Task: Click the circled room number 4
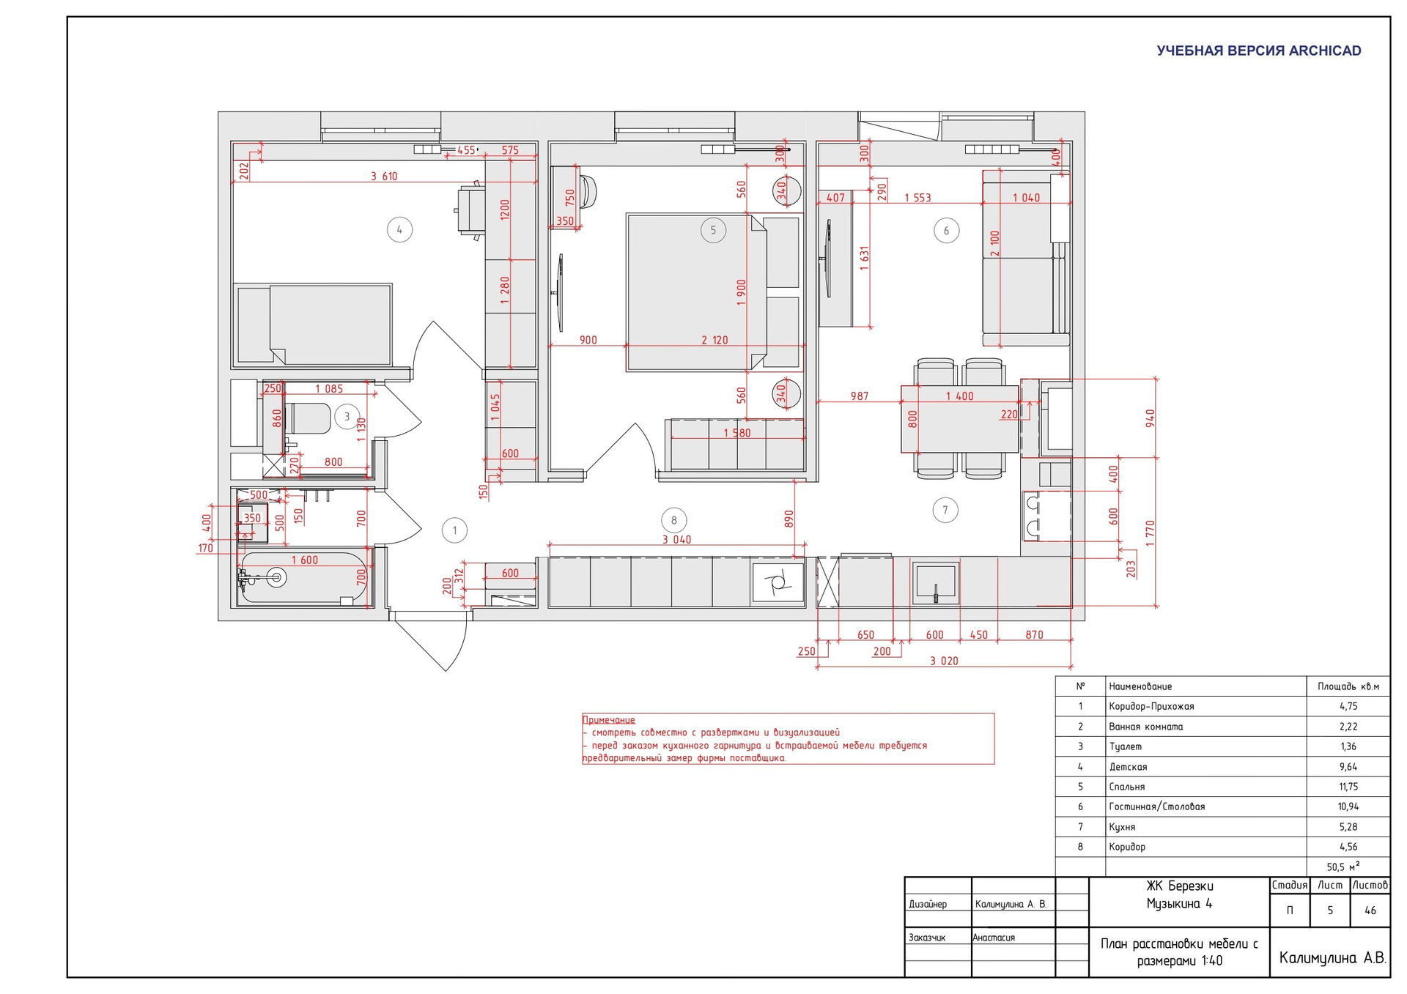coord(399,230)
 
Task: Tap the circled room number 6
coord(946,231)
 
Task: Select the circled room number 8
coord(674,521)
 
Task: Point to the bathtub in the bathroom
coord(303,578)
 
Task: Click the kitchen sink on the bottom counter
coord(935,583)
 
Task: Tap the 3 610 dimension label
coord(384,176)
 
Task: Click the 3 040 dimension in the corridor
coord(676,539)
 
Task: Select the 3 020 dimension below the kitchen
coord(944,661)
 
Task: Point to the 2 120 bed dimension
coord(714,340)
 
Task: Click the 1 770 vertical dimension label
coord(1150,533)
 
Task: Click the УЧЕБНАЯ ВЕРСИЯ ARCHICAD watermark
coord(1259,51)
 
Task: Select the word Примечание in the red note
coord(608,720)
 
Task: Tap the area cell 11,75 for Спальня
coord(1348,787)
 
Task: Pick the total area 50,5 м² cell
coord(1343,867)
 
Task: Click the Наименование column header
coord(1140,686)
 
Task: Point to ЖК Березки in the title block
coord(1180,886)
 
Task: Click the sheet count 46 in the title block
coord(1370,910)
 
